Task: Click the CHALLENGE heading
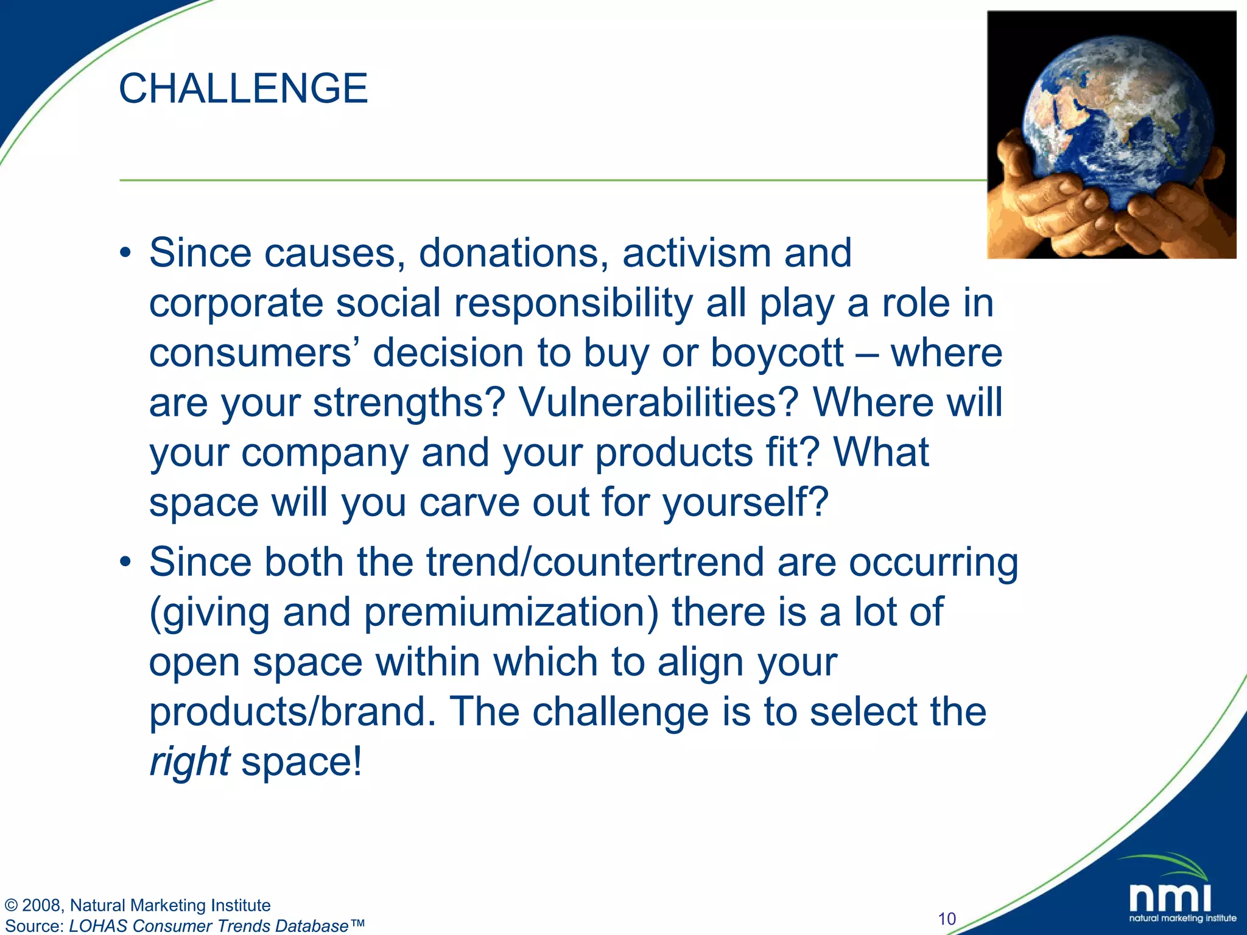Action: point(243,89)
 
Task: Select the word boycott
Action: point(776,353)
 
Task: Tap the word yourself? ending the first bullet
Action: point(745,503)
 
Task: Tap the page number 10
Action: point(947,919)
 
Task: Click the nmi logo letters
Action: point(1170,898)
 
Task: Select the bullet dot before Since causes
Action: point(125,254)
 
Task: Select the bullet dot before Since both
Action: point(125,562)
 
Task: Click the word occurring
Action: point(933,563)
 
